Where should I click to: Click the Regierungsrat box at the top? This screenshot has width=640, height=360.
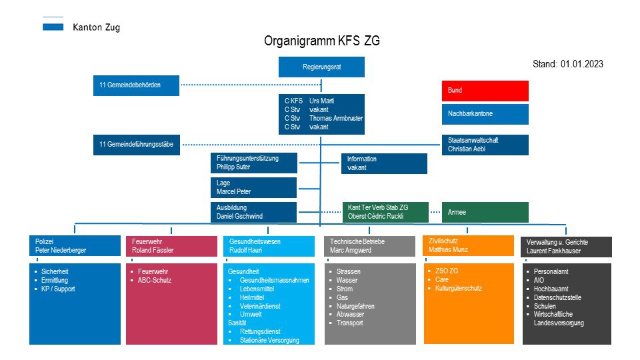(x=321, y=67)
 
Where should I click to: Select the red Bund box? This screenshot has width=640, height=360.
(x=485, y=91)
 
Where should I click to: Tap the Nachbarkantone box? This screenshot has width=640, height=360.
(x=485, y=114)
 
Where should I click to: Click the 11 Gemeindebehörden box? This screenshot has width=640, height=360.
(x=136, y=85)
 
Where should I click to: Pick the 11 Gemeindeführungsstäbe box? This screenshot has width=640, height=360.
(x=136, y=145)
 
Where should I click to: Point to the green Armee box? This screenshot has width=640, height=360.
(x=485, y=212)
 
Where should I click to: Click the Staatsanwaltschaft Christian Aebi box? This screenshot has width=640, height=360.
(x=485, y=145)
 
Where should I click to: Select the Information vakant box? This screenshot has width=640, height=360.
(x=384, y=163)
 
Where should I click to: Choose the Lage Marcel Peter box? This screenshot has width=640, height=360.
(x=253, y=187)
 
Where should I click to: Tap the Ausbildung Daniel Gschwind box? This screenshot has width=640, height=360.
(x=253, y=212)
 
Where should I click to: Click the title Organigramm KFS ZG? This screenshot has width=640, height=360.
(x=322, y=41)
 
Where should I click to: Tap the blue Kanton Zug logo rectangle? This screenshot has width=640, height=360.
(x=53, y=27)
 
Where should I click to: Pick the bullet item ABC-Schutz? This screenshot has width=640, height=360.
(x=155, y=281)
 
